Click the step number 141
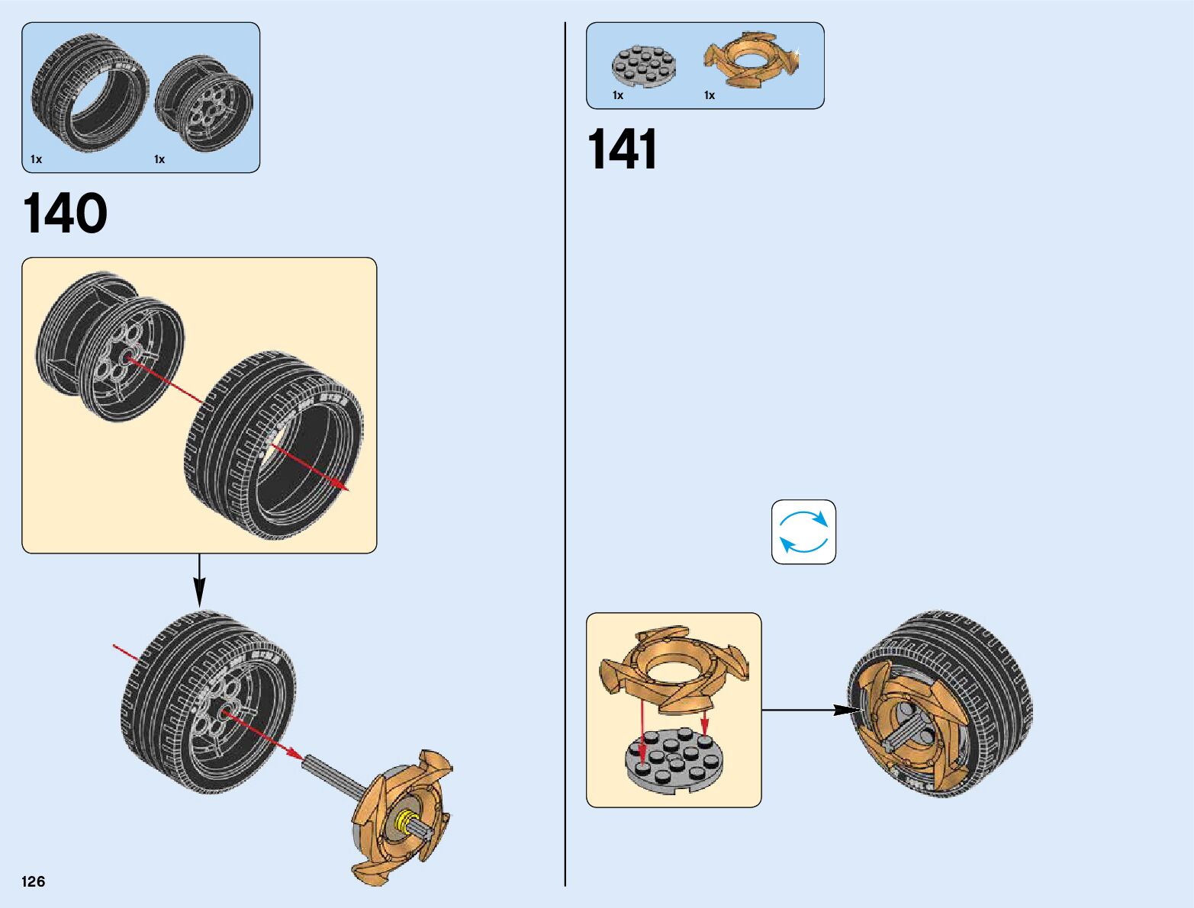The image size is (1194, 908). coord(622,149)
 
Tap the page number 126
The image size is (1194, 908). coord(34,881)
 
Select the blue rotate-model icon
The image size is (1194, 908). coord(803,532)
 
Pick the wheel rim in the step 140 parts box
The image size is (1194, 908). coord(204,103)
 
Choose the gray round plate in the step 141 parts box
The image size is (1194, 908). coord(643,66)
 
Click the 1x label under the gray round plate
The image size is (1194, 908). coord(618,95)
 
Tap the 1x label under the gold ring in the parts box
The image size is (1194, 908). coord(710,95)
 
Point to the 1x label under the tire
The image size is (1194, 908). coord(37,159)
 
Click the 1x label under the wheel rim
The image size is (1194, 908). coord(159,159)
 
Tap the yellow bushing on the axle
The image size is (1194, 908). coord(402,821)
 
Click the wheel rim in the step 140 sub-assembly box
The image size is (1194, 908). coord(111,347)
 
